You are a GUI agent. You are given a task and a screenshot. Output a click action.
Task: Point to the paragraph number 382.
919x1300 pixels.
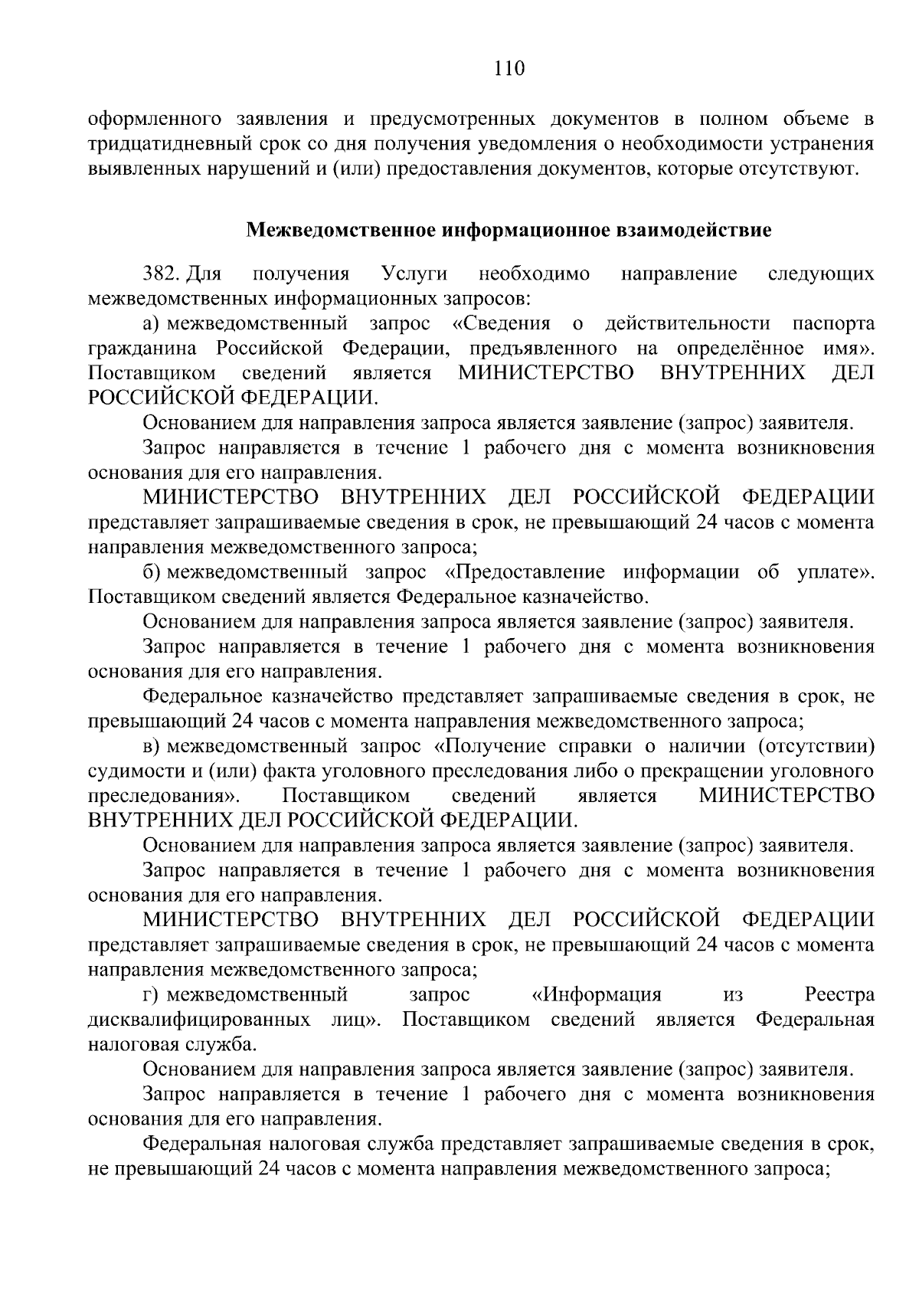point(161,273)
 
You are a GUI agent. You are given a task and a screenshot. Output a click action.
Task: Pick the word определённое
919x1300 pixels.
point(740,349)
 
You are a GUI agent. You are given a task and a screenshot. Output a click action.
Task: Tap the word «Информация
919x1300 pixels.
point(597,994)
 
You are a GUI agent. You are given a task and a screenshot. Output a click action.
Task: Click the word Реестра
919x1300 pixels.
point(839,994)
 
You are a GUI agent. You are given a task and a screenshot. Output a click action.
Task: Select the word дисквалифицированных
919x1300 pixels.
point(200,1020)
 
